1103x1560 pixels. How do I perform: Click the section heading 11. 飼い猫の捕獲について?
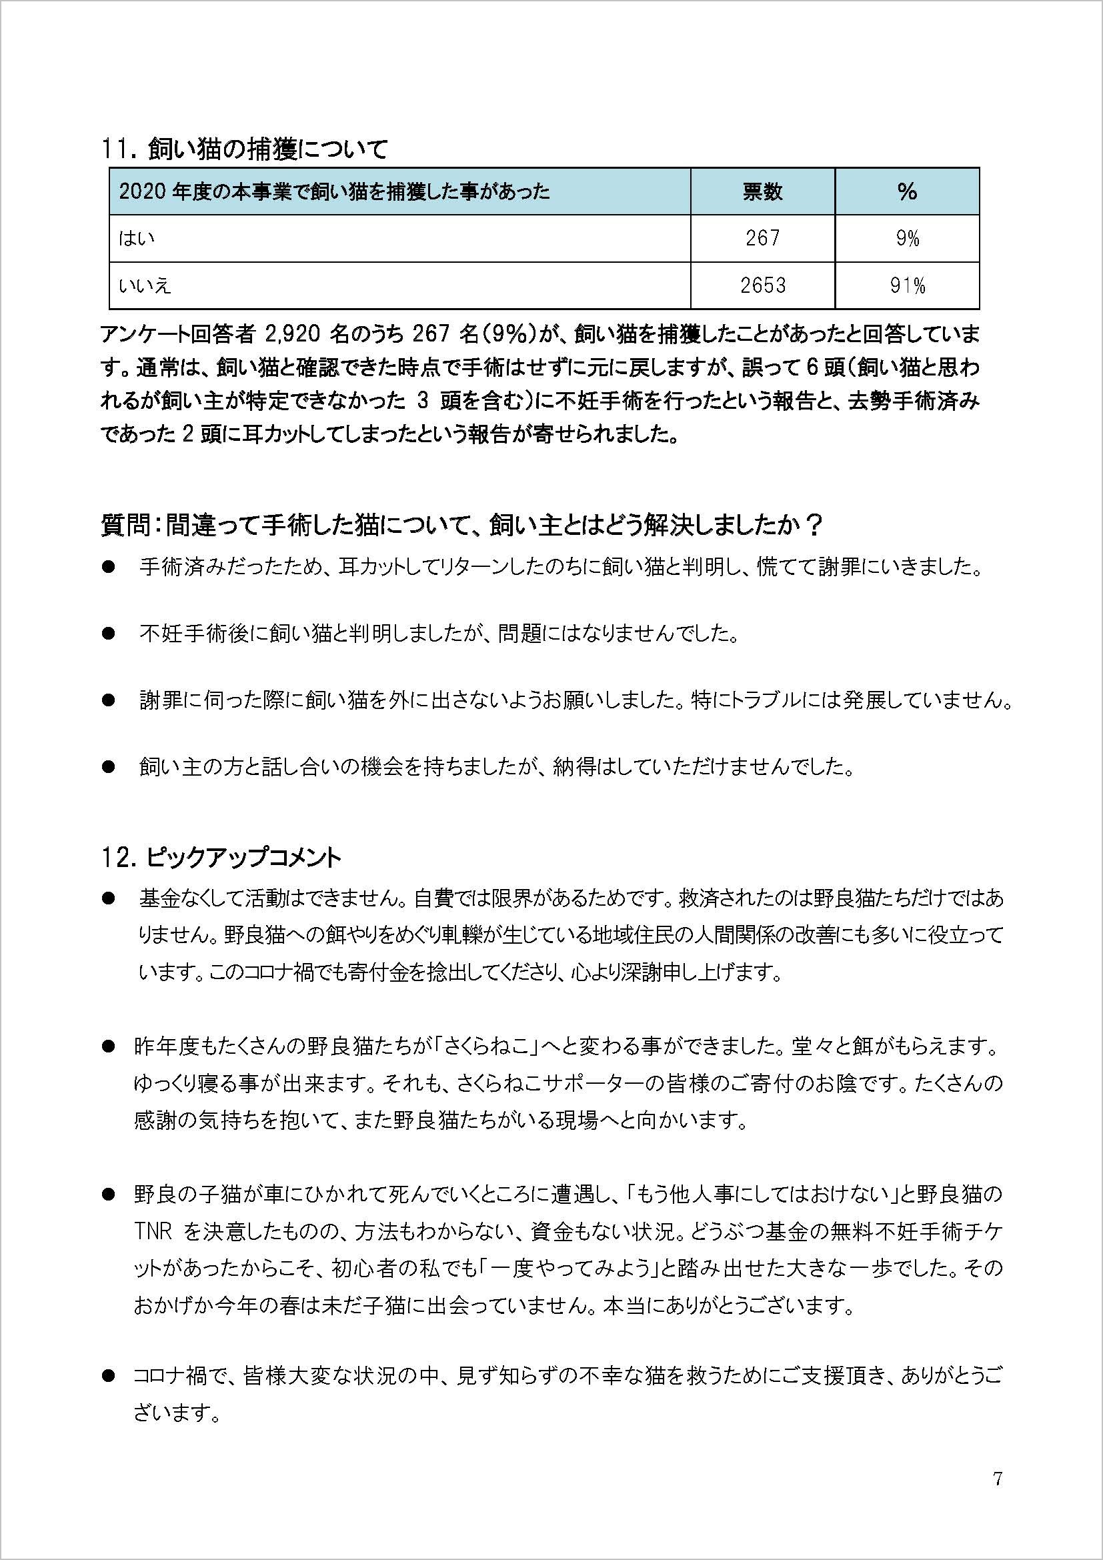244,149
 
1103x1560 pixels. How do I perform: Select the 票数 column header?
762,192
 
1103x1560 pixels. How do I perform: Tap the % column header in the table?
907,192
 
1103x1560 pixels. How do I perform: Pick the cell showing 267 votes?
762,239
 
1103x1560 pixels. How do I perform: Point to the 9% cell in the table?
907,239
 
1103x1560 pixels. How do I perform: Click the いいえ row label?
145,286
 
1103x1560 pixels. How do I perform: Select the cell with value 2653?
762,286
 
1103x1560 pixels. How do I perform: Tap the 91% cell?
907,286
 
